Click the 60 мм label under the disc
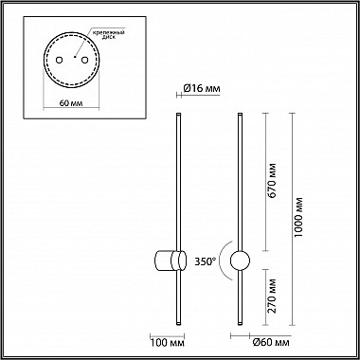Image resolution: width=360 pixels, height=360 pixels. point(71,103)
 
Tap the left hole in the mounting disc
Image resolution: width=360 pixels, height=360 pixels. point(59,60)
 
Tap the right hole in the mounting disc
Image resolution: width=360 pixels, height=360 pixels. point(84,60)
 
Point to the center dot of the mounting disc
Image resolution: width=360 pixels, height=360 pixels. point(75,57)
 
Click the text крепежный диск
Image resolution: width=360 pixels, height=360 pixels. point(110,34)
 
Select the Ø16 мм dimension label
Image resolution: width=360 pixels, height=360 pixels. point(201,89)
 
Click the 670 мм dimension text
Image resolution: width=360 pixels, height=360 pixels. point(272,180)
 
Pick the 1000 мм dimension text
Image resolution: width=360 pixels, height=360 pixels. point(297,217)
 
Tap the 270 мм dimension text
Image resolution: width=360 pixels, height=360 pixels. point(272,296)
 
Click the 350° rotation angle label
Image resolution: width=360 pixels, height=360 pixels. point(206,261)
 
